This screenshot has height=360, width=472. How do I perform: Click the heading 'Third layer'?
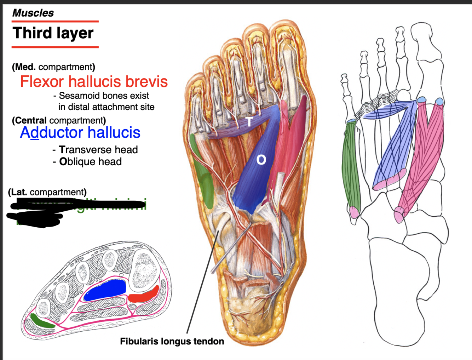tap(53, 33)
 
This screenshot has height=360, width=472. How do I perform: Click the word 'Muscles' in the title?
tap(33, 13)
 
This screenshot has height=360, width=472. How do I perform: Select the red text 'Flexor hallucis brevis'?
tap(94, 82)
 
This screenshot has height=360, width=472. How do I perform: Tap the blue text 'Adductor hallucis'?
tap(80, 133)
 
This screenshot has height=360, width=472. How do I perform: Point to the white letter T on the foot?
tap(249, 121)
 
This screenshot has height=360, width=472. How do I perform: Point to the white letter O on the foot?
tap(261, 160)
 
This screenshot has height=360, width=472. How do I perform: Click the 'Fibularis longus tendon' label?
tap(172, 341)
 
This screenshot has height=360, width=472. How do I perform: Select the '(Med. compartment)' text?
tap(53, 67)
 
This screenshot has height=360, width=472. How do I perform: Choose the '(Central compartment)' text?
tap(59, 120)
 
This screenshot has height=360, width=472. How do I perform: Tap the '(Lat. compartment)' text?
tap(47, 192)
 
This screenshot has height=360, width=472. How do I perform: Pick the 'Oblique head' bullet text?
tap(90, 162)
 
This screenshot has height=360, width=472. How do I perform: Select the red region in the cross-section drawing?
tap(144, 295)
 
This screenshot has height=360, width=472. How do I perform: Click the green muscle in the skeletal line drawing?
tap(351, 166)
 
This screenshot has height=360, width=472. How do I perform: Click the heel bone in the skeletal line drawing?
tap(396, 294)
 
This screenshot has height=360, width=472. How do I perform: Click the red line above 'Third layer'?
tap(55, 21)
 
